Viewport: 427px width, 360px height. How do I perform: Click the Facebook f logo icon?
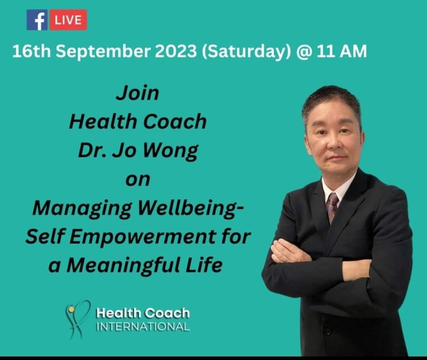point(37,20)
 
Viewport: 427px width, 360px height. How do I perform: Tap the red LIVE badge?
point(68,20)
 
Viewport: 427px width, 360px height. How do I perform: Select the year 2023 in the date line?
point(176,51)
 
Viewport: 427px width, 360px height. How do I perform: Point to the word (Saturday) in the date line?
point(246,51)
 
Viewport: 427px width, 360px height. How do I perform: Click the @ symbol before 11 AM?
point(303,51)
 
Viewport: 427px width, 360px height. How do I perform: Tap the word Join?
point(138,93)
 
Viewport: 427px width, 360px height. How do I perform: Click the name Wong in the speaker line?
point(170,151)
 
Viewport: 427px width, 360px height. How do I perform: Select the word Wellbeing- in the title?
point(191,208)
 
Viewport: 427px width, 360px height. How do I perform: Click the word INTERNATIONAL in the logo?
point(143,326)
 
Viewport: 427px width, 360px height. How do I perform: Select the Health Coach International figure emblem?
point(77,319)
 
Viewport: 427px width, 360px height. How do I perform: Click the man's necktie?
point(333,207)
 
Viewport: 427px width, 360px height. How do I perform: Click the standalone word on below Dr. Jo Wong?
point(138,180)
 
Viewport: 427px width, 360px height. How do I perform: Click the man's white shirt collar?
point(338,187)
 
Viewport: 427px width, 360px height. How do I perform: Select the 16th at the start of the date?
point(32,51)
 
